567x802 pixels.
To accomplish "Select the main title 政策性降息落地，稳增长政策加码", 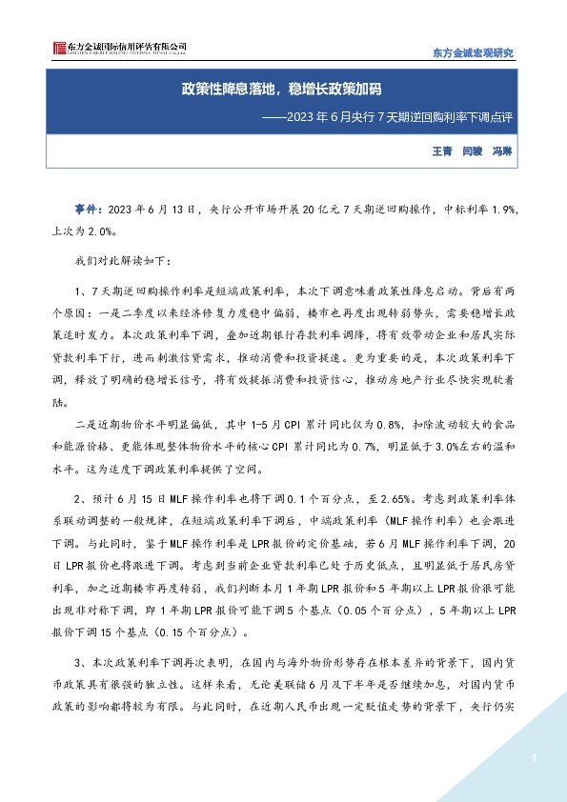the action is pyautogui.click(x=282, y=90).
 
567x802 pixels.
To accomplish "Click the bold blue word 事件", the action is pyautogui.click(x=90, y=209).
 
